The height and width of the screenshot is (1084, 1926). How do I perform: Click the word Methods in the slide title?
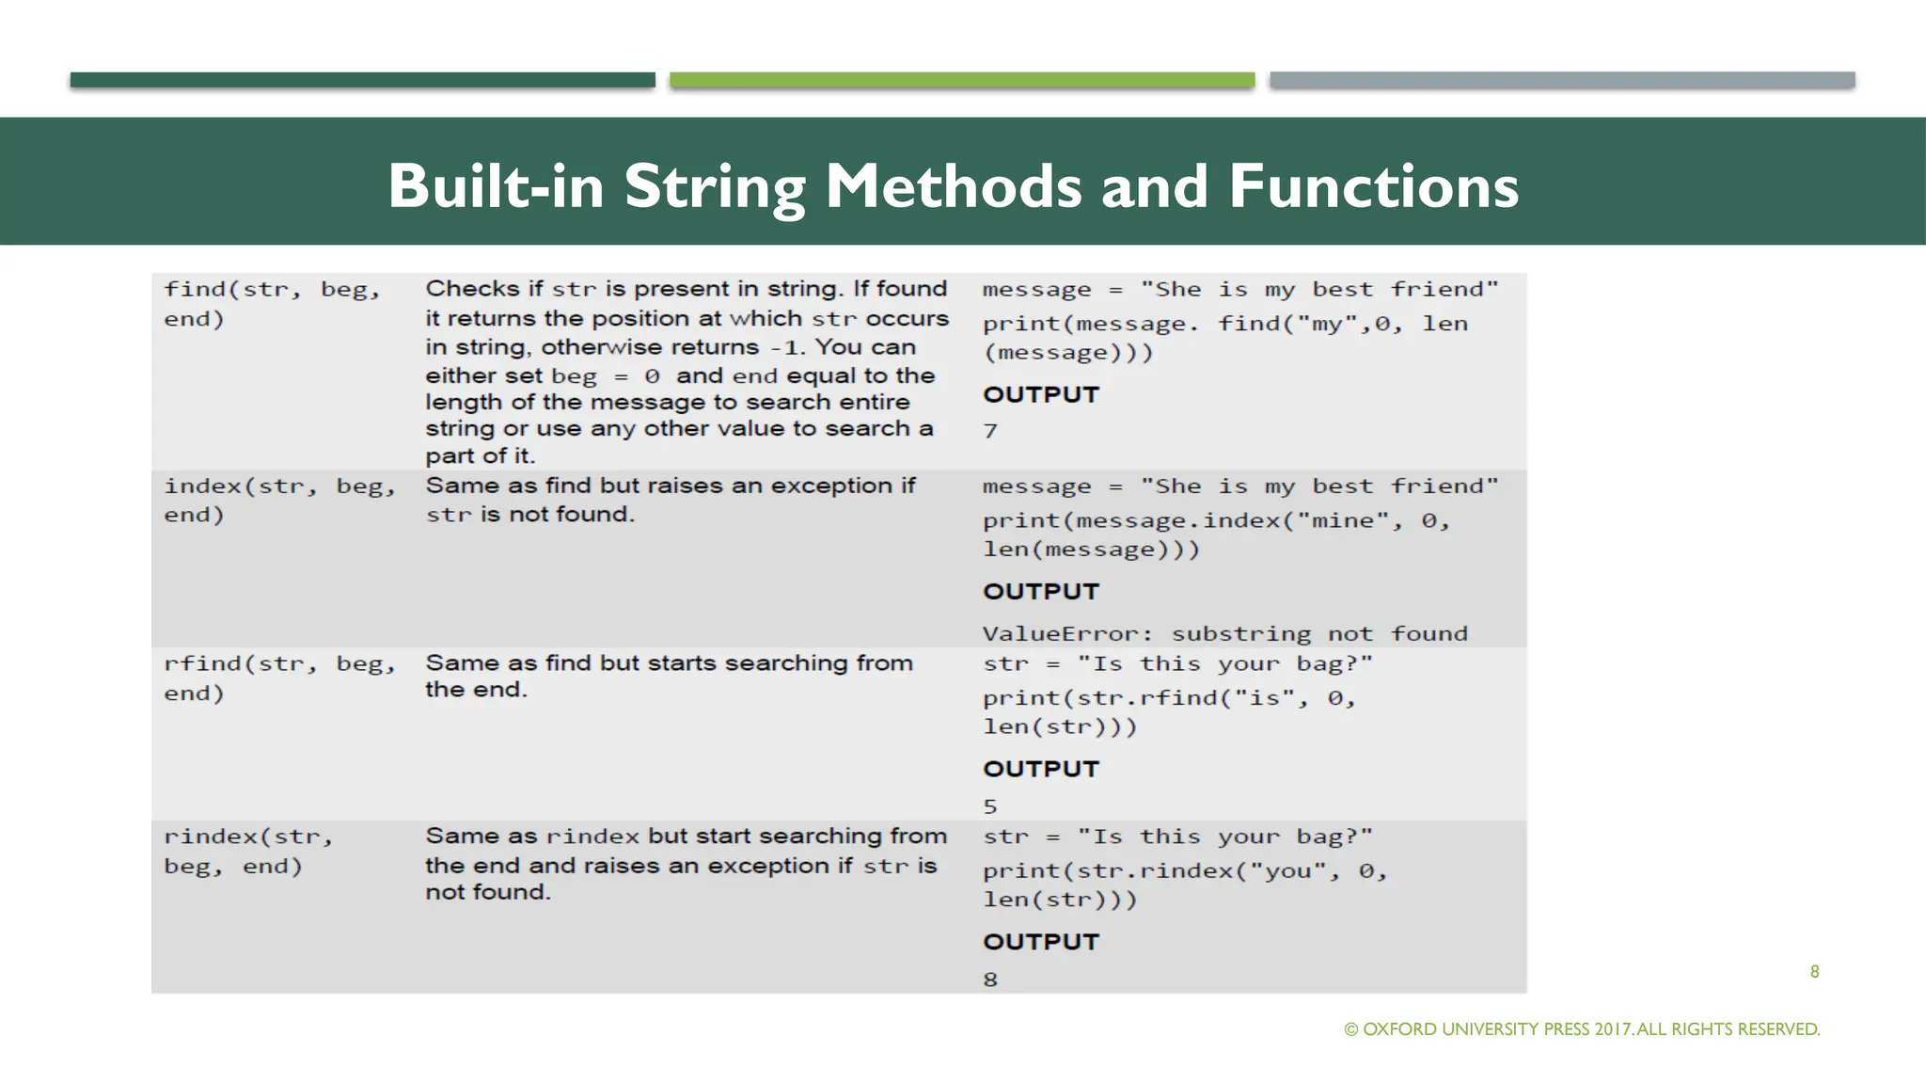point(953,186)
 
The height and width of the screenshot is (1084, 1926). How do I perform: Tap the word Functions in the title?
point(1373,186)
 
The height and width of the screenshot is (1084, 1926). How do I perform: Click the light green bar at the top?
point(962,80)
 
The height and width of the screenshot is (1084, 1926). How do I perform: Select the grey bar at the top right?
point(1562,80)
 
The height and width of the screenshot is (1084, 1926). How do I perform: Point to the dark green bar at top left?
point(362,80)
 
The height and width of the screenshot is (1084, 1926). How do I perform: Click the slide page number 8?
point(1814,972)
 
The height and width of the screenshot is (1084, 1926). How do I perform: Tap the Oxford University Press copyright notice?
point(1582,1029)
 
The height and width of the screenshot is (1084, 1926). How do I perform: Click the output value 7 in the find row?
point(990,432)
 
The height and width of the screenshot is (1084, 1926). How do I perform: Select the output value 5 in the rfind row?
point(990,807)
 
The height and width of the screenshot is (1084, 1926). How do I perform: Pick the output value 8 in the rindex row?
point(990,980)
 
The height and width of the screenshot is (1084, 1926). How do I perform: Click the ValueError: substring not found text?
point(1224,634)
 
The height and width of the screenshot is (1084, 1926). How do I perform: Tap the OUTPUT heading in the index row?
point(1041,592)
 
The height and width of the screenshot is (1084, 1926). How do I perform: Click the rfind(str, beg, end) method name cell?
point(278,677)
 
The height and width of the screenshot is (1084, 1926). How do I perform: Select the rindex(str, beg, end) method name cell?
point(248,851)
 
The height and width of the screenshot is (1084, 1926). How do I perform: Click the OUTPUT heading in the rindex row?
point(1041,942)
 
